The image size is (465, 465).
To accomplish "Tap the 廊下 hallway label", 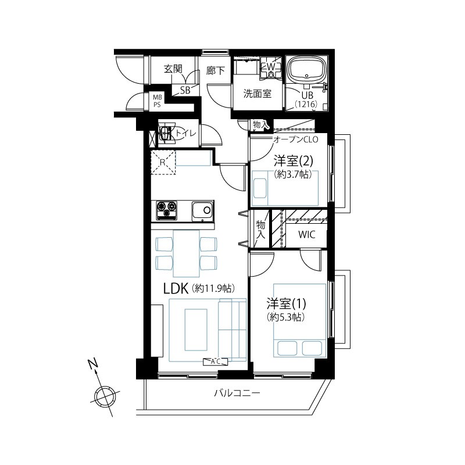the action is pyautogui.click(x=216, y=70).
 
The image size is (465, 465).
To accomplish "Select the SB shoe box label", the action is pyautogui.click(x=185, y=90).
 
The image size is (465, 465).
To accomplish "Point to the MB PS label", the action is pyautogui.click(x=157, y=101).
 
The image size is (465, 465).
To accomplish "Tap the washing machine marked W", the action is pyautogui.click(x=271, y=67).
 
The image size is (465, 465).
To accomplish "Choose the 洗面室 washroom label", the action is pyautogui.click(x=257, y=94).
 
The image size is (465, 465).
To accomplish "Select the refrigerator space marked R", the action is pyautogui.click(x=163, y=162).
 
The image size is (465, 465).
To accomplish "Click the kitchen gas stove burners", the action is pyautogui.click(x=166, y=210).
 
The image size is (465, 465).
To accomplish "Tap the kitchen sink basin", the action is pyautogui.click(x=202, y=212).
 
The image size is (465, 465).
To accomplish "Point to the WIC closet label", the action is pyautogui.click(x=307, y=235).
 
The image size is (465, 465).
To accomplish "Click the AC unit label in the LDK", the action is pyautogui.click(x=216, y=362).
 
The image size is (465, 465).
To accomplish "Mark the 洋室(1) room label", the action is pyautogui.click(x=286, y=304).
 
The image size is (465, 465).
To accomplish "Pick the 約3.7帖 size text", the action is pyautogui.click(x=293, y=174).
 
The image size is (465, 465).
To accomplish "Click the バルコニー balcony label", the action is pyautogui.click(x=237, y=394).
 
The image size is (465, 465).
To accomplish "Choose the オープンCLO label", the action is pyautogui.click(x=295, y=139).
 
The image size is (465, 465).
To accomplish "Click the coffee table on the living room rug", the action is pyautogui.click(x=196, y=330).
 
